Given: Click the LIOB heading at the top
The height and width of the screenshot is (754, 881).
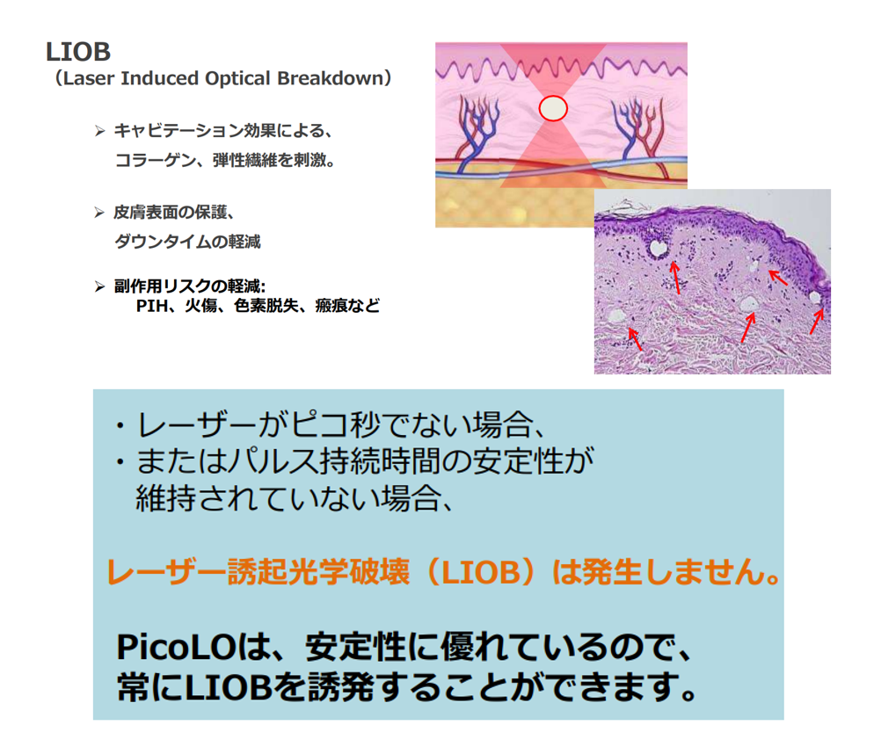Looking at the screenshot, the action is click(x=78, y=52).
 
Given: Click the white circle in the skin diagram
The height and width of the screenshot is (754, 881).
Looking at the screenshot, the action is click(x=553, y=108).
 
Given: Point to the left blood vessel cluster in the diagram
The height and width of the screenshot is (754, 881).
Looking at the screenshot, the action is click(x=477, y=133).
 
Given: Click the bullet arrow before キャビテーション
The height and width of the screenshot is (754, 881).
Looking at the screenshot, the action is click(x=100, y=131).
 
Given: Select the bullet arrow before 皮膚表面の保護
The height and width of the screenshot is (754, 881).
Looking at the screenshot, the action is click(x=100, y=212).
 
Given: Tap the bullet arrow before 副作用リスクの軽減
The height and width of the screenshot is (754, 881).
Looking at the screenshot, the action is click(x=100, y=286).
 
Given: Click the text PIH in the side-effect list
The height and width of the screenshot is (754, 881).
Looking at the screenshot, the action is click(x=152, y=306).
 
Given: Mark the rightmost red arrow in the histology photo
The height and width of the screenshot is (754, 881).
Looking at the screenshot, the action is click(x=818, y=321).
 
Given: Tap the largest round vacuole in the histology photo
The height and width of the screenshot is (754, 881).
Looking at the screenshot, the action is click(x=657, y=248).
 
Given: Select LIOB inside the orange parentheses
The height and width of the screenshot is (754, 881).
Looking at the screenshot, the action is click(x=481, y=573).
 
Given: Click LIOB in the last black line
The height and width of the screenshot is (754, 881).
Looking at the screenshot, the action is click(x=228, y=686).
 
